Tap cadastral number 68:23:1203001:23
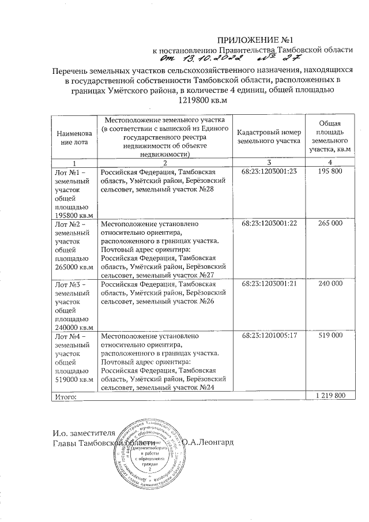coord(269,172)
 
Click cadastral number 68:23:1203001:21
coord(269,284)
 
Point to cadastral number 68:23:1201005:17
coord(269,335)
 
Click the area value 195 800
coord(329,172)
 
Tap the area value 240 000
coord(329,284)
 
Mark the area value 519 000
coord(329,335)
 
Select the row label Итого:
coord(64,396)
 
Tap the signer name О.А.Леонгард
coord(212,442)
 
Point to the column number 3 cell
coord(269,163)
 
